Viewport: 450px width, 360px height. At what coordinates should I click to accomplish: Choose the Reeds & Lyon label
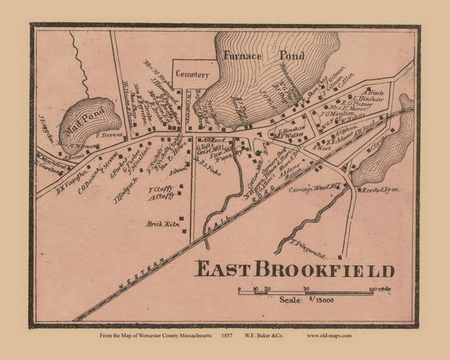(379, 190)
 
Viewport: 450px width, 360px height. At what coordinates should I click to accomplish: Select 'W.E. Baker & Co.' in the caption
(271, 335)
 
